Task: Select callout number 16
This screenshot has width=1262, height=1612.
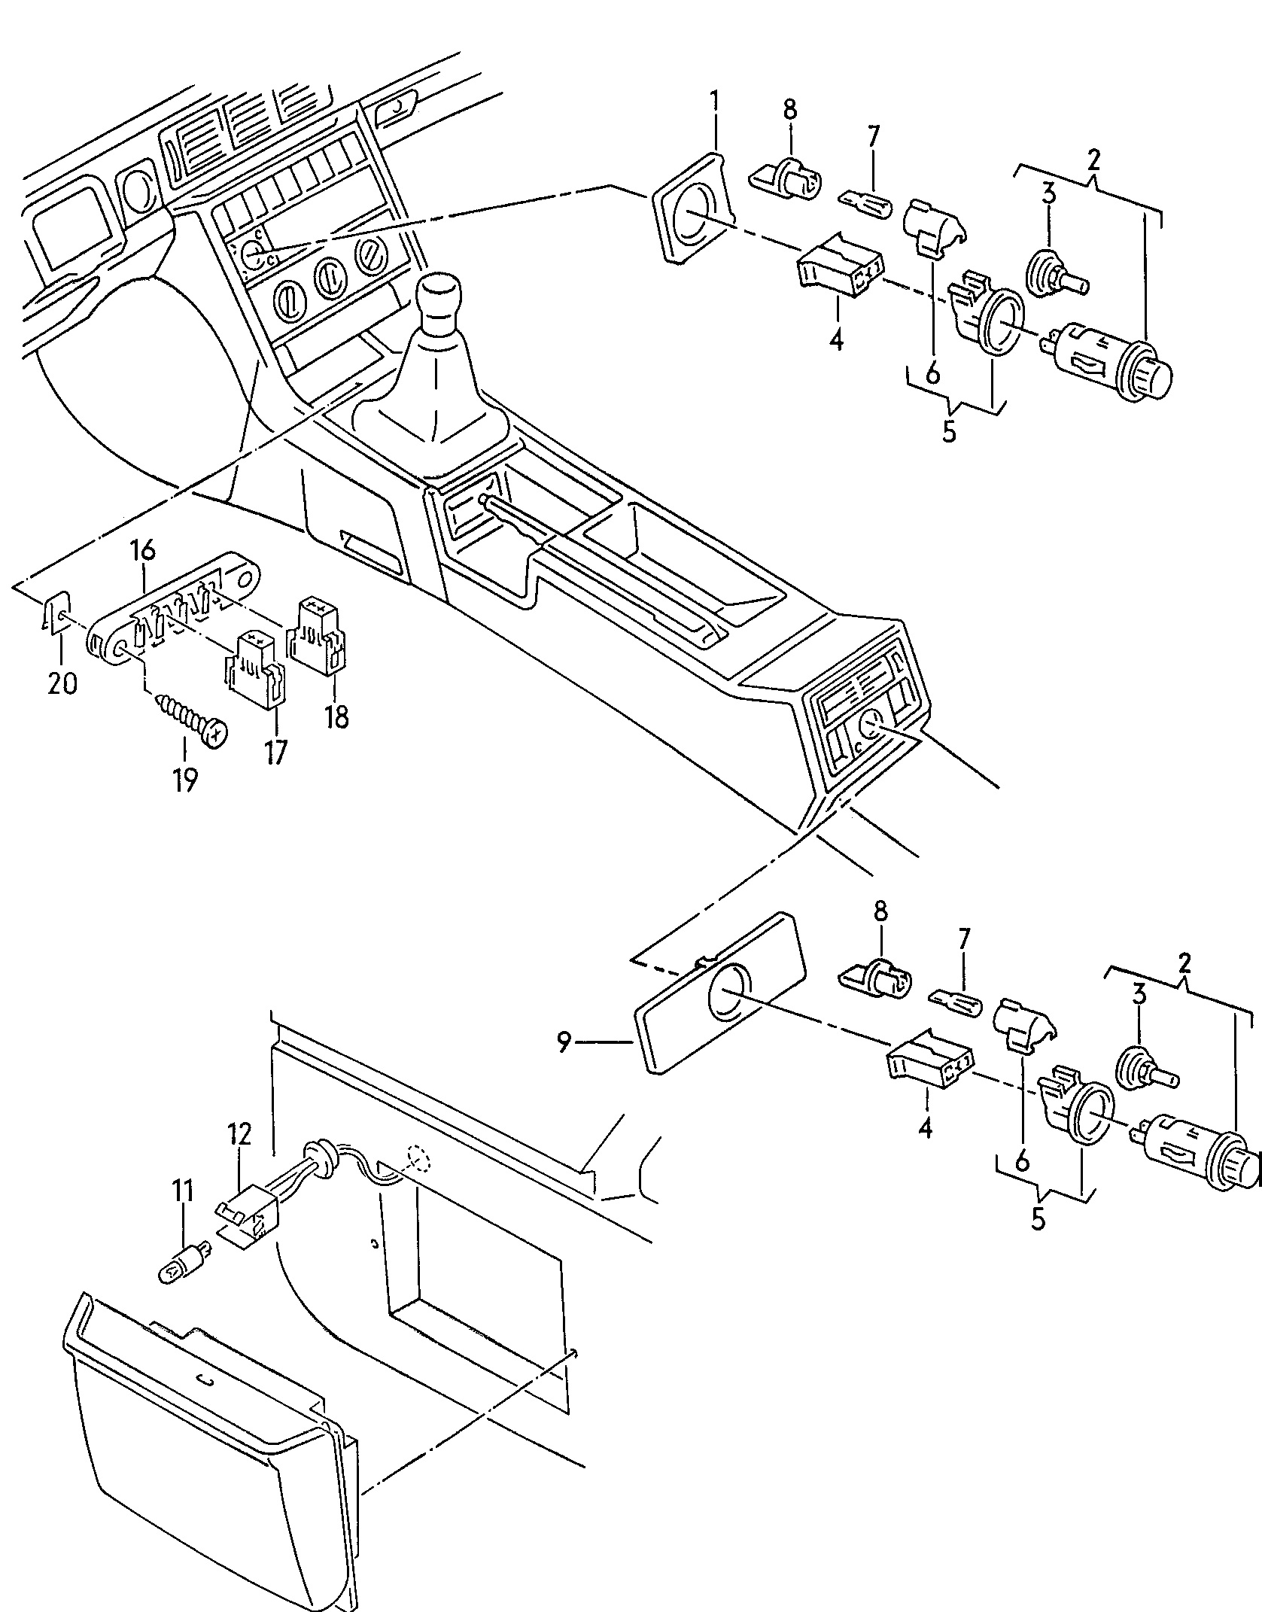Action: (x=142, y=551)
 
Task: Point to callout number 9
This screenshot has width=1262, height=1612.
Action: (x=564, y=1042)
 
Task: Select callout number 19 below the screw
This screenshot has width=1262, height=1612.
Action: (x=184, y=781)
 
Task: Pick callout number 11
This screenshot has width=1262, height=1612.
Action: (x=183, y=1213)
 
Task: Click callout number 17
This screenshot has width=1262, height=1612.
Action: (x=275, y=753)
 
